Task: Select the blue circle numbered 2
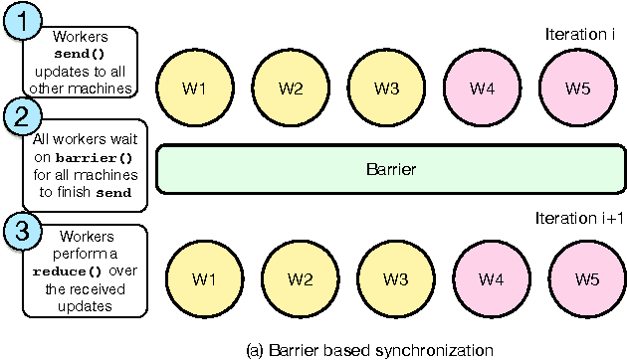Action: pyautogui.click(x=20, y=119)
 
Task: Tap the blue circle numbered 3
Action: pyautogui.click(x=20, y=231)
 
